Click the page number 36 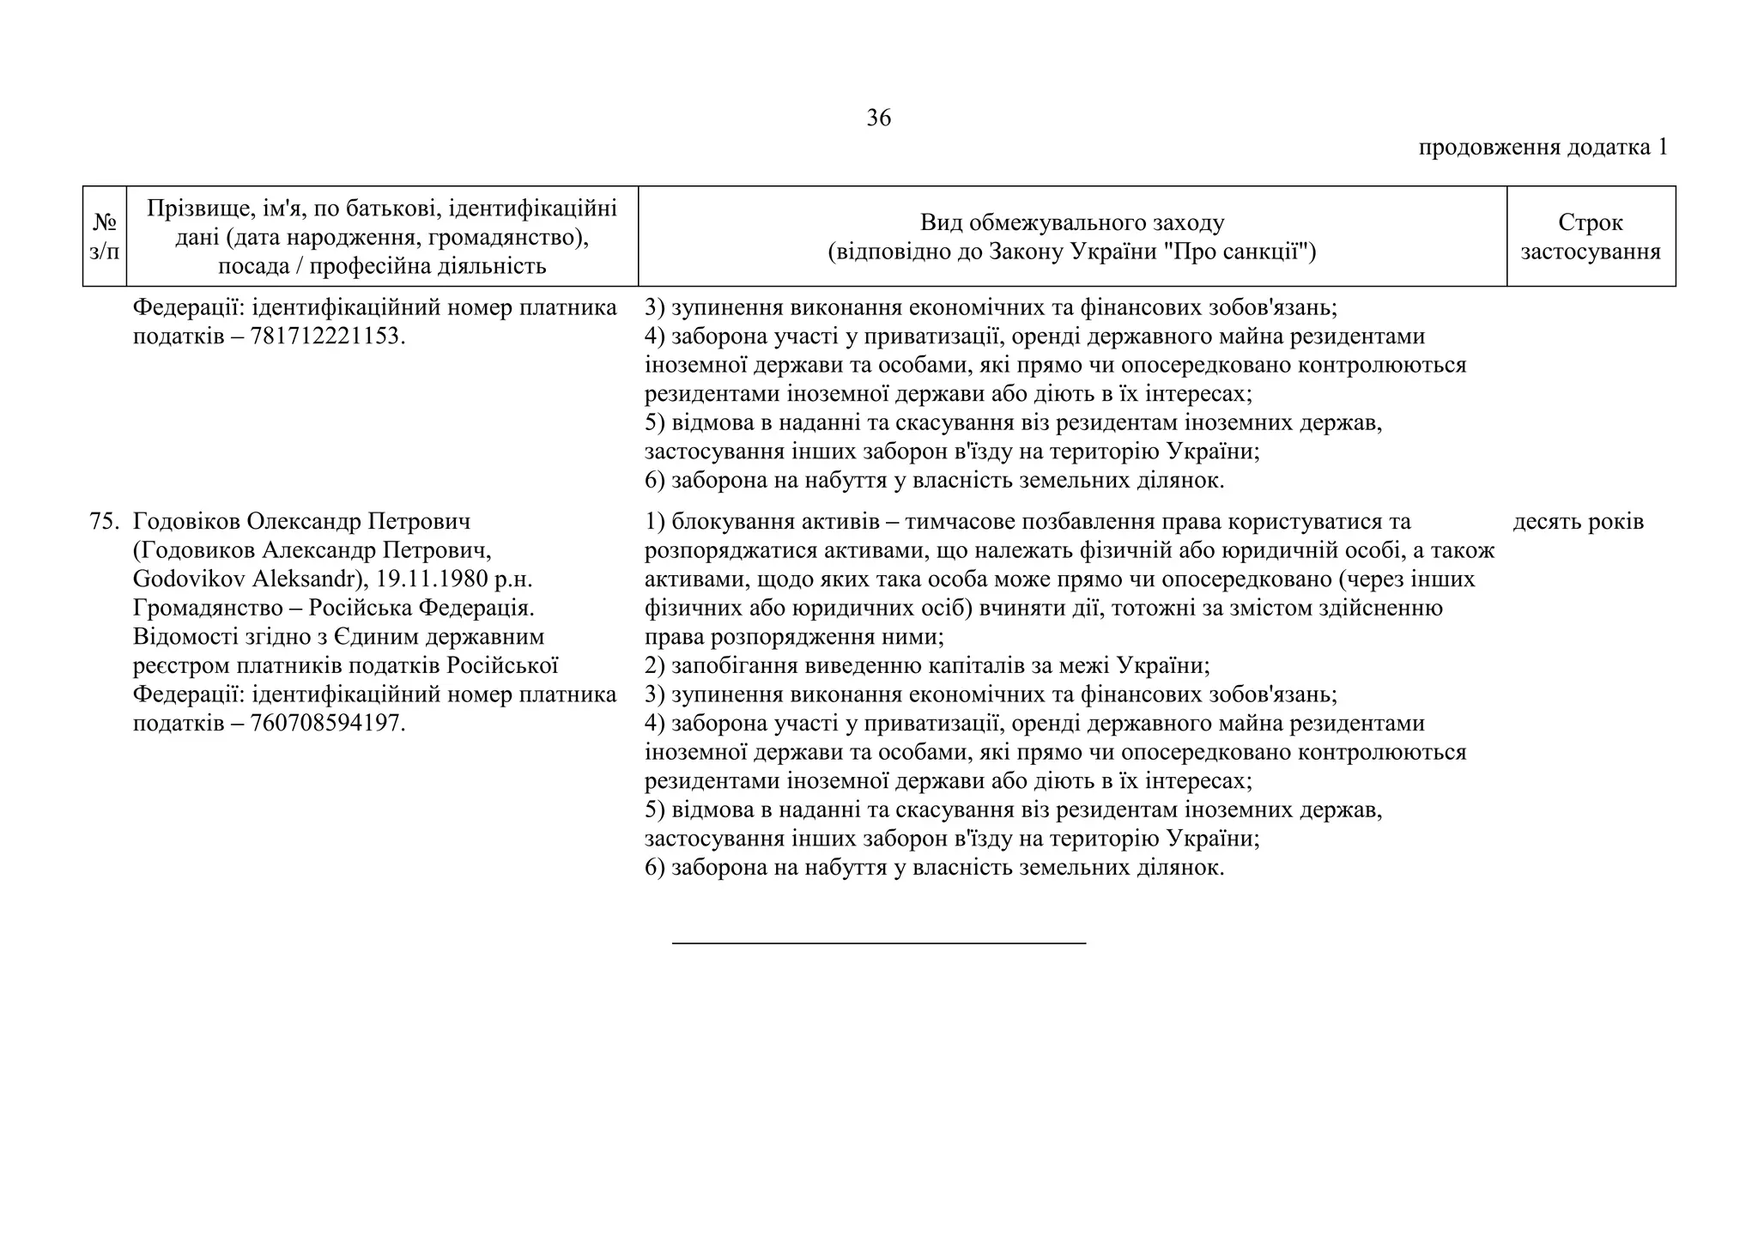click(x=878, y=118)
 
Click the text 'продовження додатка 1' click(x=1543, y=148)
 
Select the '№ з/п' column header click(x=105, y=236)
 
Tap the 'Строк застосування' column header click(x=1590, y=236)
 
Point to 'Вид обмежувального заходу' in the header click(x=1071, y=222)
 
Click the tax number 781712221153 click(x=325, y=337)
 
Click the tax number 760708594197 click(x=325, y=724)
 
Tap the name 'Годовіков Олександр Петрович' click(x=302, y=522)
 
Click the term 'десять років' click(x=1578, y=522)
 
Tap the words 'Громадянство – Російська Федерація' click(x=333, y=609)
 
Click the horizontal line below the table click(x=878, y=943)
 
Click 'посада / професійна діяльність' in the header click(x=382, y=266)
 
